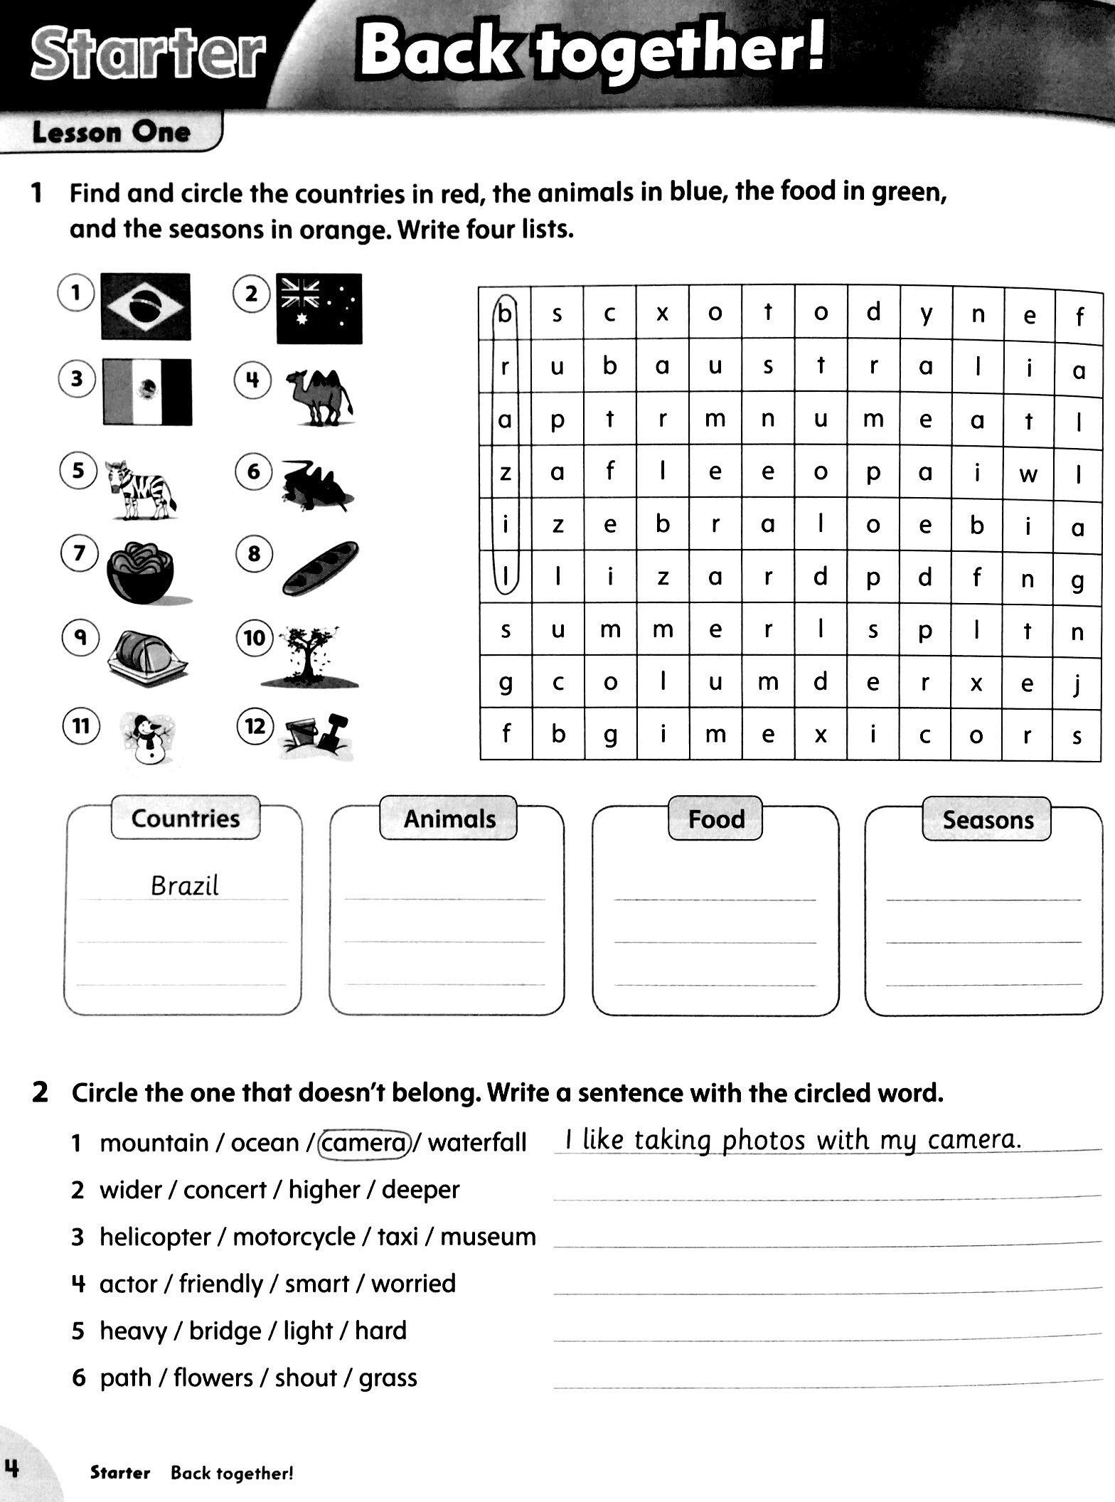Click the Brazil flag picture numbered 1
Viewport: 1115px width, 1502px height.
[146, 306]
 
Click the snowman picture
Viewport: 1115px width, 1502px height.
[148, 738]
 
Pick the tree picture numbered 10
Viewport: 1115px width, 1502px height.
[309, 656]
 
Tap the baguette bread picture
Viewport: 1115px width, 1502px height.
[320, 568]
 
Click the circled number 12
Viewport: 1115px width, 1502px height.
[254, 726]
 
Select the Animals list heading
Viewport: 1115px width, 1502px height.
[449, 818]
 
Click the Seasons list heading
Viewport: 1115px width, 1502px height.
[988, 819]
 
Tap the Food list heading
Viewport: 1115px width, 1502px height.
[715, 819]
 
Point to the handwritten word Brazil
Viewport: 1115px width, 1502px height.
[185, 885]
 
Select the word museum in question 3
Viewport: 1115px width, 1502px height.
[488, 1236]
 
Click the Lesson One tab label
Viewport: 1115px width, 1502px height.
[111, 132]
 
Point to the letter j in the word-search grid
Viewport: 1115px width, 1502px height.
[1078, 683]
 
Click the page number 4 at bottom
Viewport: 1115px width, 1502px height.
[12, 1467]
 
